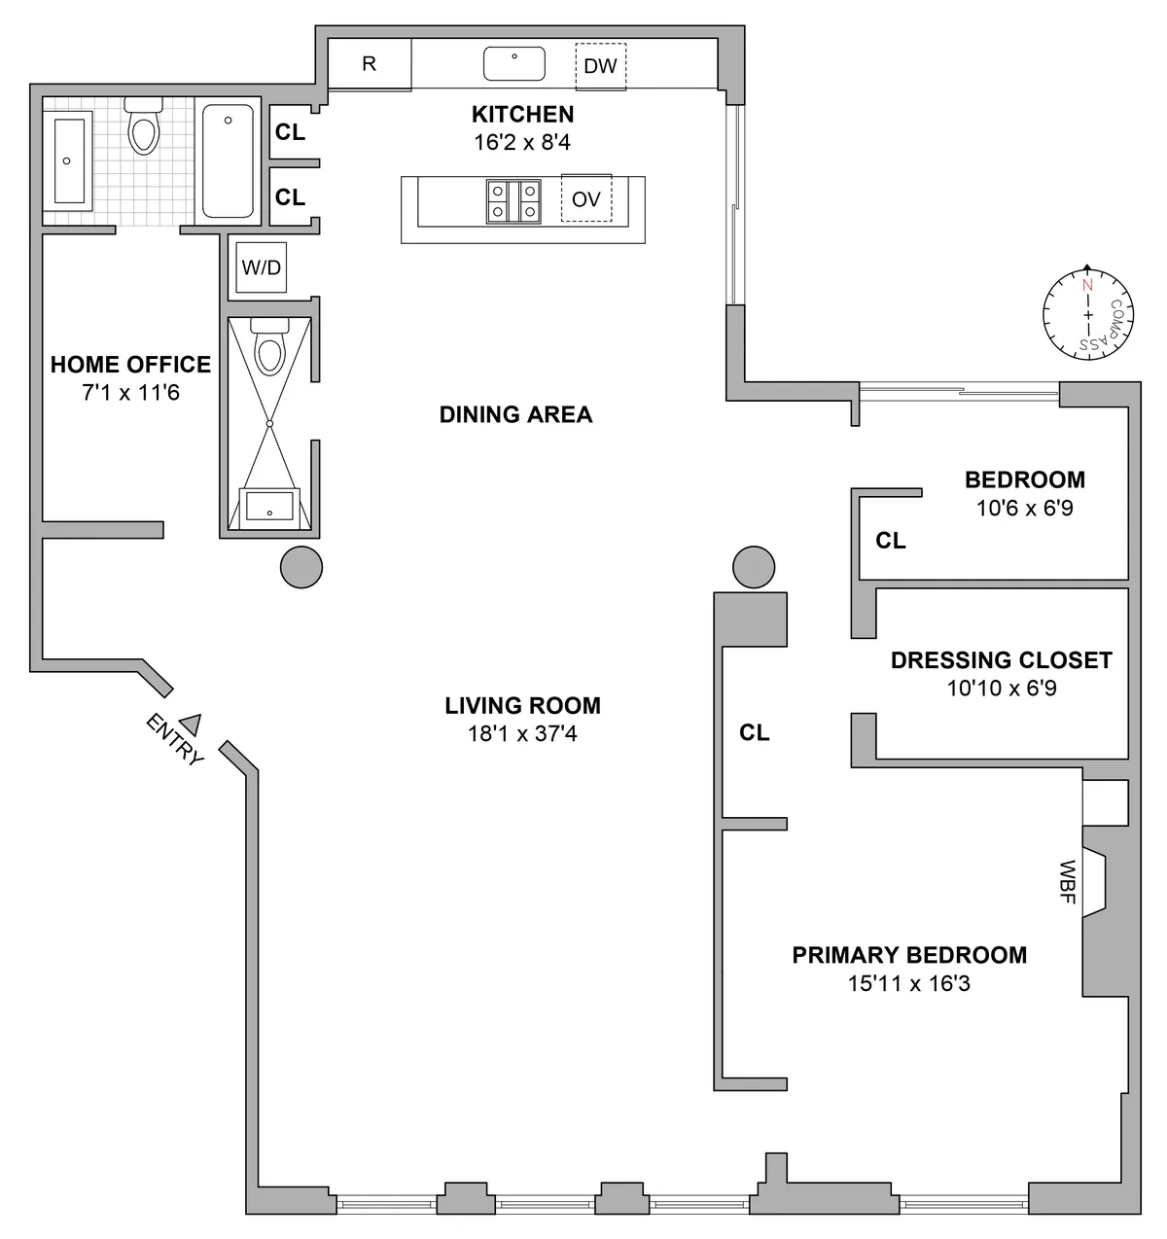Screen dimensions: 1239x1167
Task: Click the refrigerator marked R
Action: click(x=369, y=65)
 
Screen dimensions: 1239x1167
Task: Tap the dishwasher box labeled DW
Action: click(x=600, y=67)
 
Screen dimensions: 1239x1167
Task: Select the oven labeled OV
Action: click(x=585, y=199)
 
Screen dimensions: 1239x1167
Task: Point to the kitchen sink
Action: click(x=513, y=65)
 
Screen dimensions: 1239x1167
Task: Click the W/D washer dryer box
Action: click(x=262, y=267)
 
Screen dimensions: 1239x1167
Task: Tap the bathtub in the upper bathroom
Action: click(x=229, y=160)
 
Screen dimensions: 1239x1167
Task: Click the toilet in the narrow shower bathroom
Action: click(x=267, y=347)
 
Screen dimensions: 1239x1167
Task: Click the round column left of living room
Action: click(x=301, y=566)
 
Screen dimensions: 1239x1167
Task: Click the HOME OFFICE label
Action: click(x=130, y=365)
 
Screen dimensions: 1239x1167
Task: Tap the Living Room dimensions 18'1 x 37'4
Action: click(x=522, y=734)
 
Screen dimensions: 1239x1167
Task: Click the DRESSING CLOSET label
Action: click(x=1001, y=660)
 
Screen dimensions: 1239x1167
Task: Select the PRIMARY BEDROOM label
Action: click(x=908, y=955)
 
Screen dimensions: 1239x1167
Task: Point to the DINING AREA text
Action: click(x=515, y=415)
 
